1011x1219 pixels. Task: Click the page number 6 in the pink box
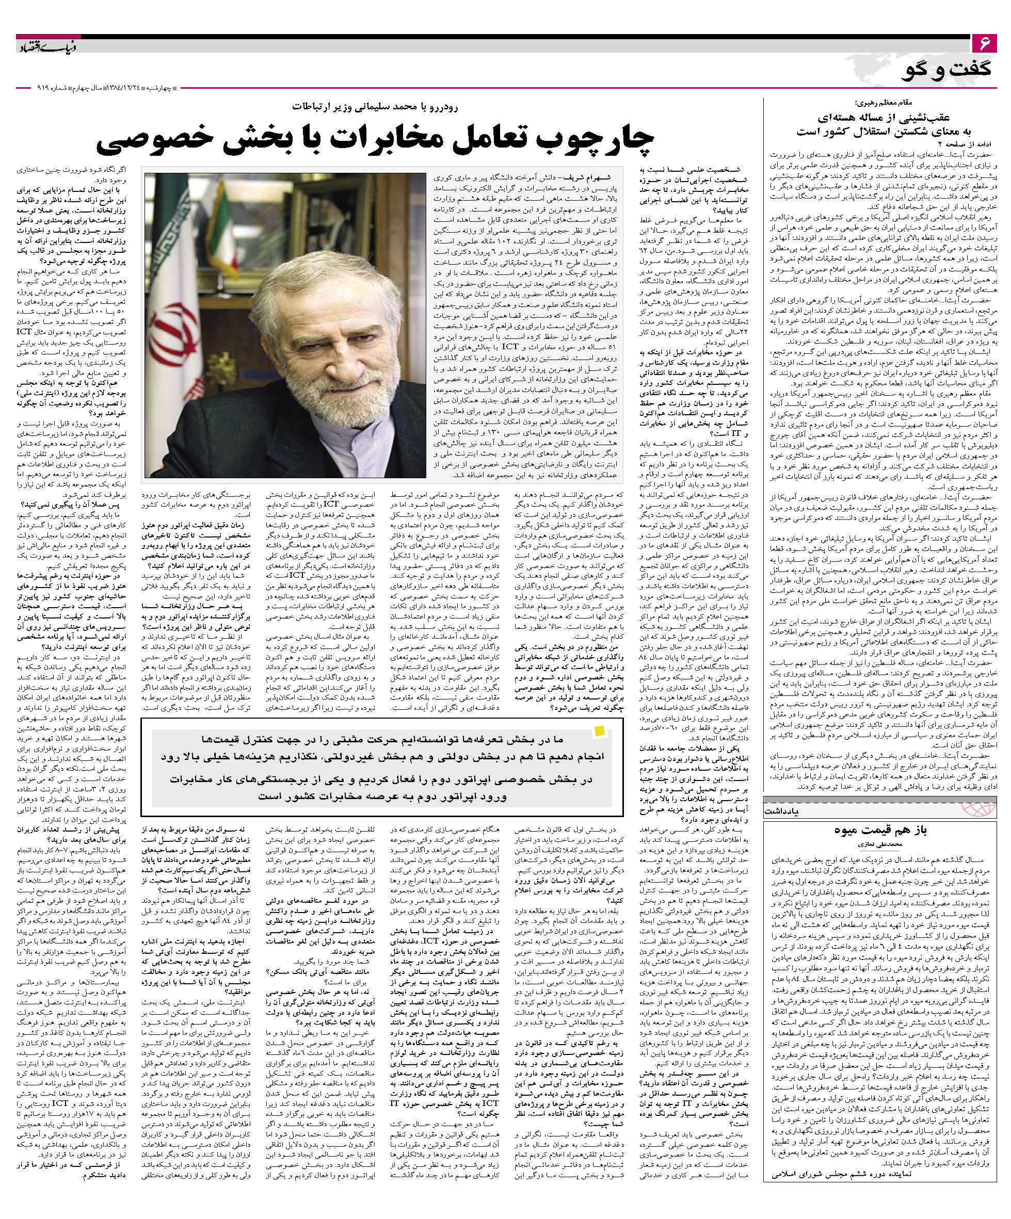984,43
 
